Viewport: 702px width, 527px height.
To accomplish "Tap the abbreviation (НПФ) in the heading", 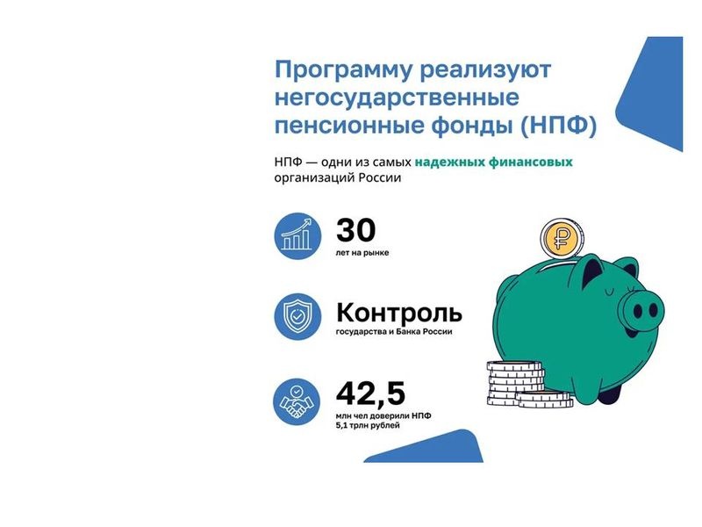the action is click(x=558, y=126).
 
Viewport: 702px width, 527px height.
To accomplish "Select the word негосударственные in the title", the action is click(x=397, y=97).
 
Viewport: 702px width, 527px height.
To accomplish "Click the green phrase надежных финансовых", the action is click(x=493, y=162).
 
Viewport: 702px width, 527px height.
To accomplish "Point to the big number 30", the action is click(x=356, y=230).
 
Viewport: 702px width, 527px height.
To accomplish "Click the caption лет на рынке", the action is click(x=362, y=253).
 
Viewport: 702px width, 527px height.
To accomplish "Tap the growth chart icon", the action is click(x=297, y=235).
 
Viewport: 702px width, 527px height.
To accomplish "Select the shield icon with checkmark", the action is click(x=297, y=316).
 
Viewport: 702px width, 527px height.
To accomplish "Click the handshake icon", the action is click(x=297, y=401).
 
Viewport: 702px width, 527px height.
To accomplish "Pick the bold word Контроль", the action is click(x=399, y=313).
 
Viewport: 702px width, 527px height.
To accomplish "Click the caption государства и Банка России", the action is click(x=394, y=332).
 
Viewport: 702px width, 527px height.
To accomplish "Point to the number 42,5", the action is click(x=370, y=393).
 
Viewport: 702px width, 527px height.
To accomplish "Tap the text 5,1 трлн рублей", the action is click(x=368, y=425).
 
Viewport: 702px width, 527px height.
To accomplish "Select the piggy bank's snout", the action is click(x=641, y=310).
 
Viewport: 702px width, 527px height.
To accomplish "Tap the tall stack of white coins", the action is click(x=515, y=384).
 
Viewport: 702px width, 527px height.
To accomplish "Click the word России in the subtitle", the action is click(x=380, y=178).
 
